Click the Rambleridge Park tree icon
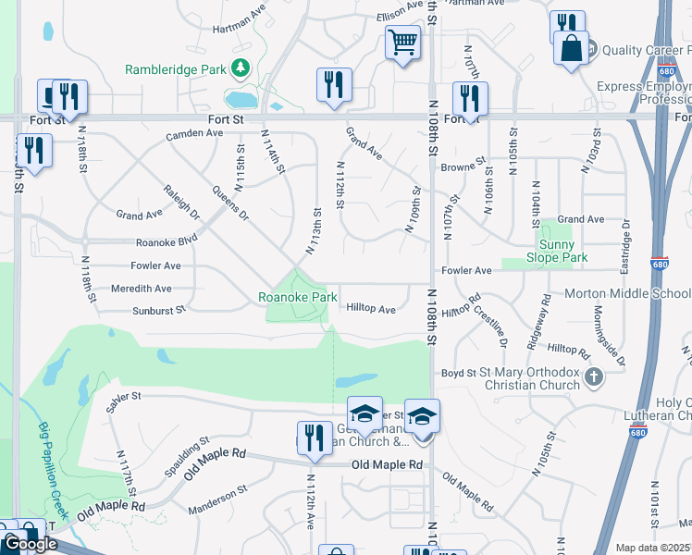pos(241,68)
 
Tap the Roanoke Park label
pos(297,297)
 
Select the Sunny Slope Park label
pos(557,251)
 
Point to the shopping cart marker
pos(402,42)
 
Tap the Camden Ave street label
pos(194,133)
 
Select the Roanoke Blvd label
pos(167,241)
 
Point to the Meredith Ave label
pos(141,289)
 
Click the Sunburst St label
pos(159,310)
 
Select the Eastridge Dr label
pos(626,250)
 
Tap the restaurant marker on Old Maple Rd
pos(314,437)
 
